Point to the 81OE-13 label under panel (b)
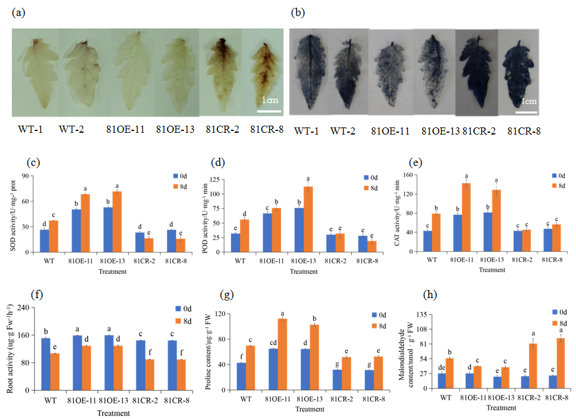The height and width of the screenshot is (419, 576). click(440, 130)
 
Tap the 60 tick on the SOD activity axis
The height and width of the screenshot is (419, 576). click(28, 201)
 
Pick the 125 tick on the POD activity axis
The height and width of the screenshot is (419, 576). click(221, 180)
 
